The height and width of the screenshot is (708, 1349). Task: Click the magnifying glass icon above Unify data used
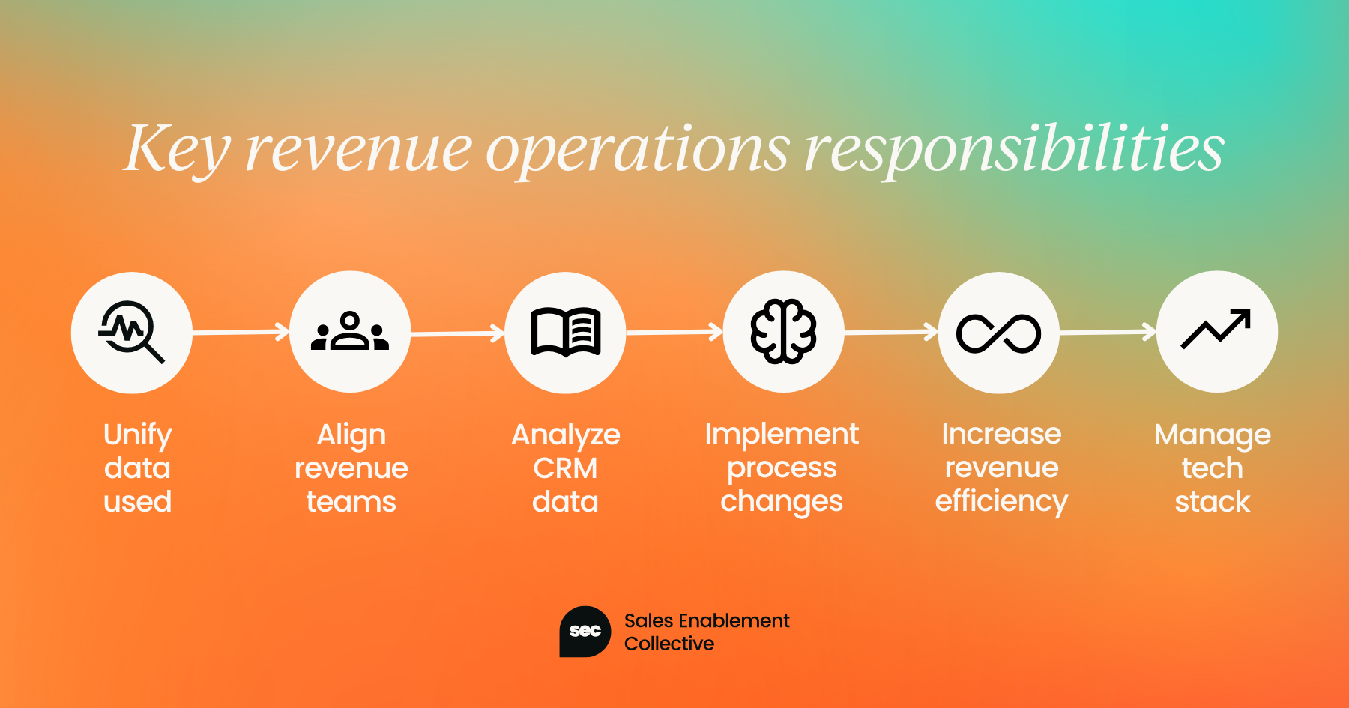(132, 332)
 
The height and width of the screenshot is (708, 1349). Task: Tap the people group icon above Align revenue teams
(350, 331)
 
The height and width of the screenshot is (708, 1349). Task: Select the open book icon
(566, 331)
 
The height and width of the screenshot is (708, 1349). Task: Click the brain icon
(783, 331)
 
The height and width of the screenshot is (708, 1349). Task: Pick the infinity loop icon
(999, 333)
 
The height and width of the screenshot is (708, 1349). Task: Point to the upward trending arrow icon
(1216, 330)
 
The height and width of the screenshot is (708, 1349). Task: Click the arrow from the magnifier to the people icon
(241, 332)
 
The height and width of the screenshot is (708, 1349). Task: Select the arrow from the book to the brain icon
(674, 332)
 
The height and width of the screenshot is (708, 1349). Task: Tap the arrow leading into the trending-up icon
(1108, 332)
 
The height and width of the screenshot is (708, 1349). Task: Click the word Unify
(138, 435)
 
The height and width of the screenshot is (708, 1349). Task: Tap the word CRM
(566, 468)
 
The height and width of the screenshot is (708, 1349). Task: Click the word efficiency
(1001, 502)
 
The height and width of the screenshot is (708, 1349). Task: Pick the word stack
(1213, 502)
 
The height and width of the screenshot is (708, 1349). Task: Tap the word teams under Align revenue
(351, 502)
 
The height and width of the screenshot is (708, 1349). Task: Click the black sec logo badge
(585, 632)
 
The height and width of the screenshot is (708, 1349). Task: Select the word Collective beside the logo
(669, 644)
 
